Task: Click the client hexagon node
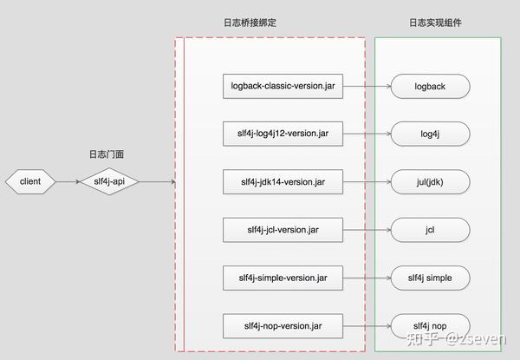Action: [30, 182]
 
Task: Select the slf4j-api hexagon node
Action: [110, 182]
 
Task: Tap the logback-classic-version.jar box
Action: [283, 86]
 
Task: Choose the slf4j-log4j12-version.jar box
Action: [283, 134]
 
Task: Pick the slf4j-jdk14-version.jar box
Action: [283, 182]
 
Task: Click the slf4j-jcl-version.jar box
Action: [283, 231]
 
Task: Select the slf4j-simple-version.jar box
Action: [283, 278]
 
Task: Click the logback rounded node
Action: [430, 86]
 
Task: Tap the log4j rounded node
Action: [430, 134]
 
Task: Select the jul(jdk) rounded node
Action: [430, 182]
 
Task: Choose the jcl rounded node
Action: [430, 231]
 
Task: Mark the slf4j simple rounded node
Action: [430, 278]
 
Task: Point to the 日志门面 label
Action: [110, 154]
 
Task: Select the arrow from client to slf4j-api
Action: [68, 182]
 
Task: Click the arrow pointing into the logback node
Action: [366, 86]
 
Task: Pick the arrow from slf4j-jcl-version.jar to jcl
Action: [366, 231]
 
